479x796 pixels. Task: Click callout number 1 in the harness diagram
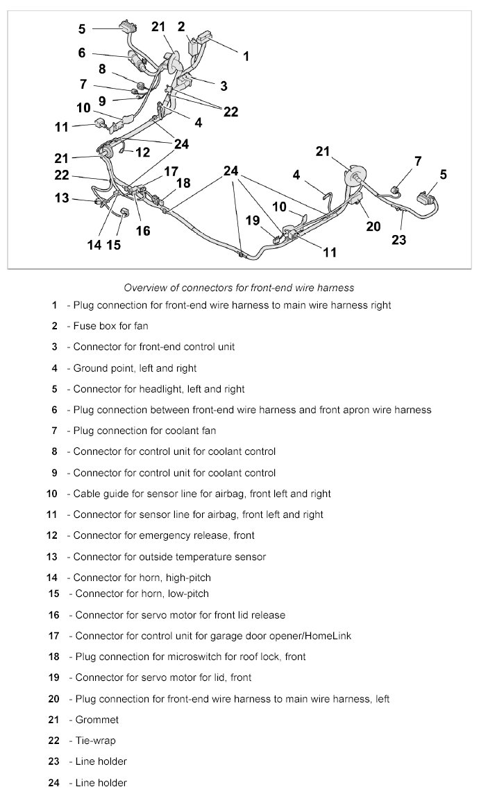pos(246,56)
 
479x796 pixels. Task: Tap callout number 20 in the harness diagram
pos(373,225)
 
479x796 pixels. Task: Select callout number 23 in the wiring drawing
pos(398,241)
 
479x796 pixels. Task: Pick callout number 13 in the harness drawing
pos(62,198)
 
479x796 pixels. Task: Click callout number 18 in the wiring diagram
pos(183,183)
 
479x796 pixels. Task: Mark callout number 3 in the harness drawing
pos(224,86)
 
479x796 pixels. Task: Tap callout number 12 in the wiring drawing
pos(143,152)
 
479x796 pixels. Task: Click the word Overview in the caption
pos(146,286)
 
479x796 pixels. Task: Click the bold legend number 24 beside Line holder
pos(54,783)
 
